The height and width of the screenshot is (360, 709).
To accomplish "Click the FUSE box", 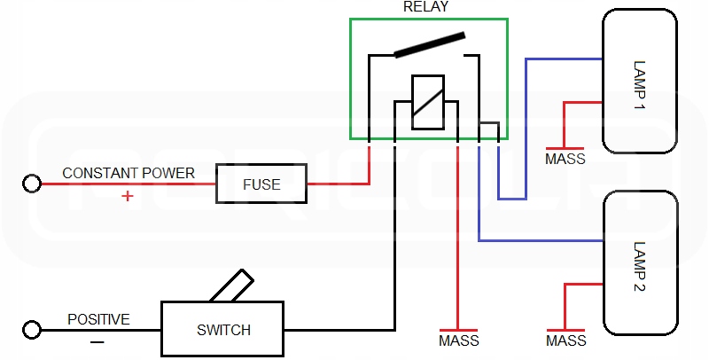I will click(x=261, y=184).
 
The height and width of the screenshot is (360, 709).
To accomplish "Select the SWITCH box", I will click(x=223, y=330).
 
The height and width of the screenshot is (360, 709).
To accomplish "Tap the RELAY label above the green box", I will click(x=428, y=8).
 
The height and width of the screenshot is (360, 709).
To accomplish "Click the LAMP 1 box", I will click(x=641, y=82).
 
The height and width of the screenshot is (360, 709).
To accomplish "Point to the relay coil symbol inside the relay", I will click(x=428, y=103).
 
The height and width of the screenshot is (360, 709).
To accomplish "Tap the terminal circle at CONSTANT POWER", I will click(x=32, y=184).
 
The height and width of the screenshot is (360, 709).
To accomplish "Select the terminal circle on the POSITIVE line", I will click(x=32, y=330).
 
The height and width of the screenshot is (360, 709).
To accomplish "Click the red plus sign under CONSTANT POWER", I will click(x=128, y=196).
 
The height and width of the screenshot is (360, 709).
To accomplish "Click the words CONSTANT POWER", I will click(x=128, y=173).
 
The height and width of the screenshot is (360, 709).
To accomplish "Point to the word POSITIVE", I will click(x=98, y=319).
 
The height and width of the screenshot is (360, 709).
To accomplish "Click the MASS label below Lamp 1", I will click(x=565, y=160).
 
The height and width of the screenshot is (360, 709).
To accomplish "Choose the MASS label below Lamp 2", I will click(x=565, y=340).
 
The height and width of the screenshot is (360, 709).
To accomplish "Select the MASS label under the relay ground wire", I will click(x=458, y=340).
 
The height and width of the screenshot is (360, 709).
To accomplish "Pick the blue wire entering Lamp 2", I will click(x=541, y=241).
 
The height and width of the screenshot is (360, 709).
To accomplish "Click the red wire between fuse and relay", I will click(x=337, y=184).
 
